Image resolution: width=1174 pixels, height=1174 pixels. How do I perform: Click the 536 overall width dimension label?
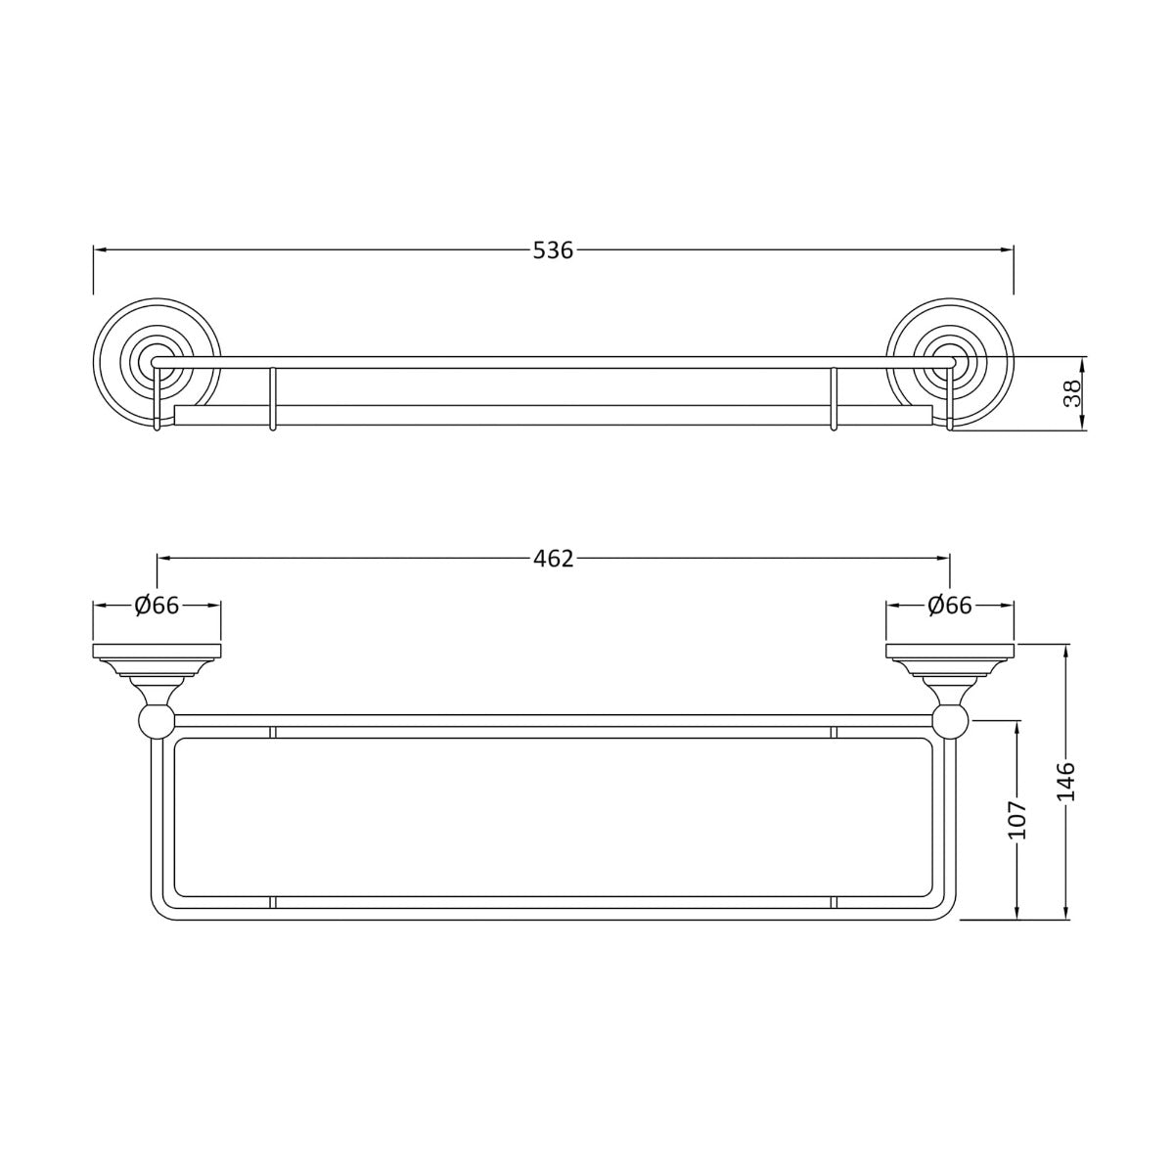553,250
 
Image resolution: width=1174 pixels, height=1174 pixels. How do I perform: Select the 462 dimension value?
553,559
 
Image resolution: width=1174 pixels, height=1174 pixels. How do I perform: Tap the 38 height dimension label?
1072,393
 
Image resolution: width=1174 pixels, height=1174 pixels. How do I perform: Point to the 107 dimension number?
1018,820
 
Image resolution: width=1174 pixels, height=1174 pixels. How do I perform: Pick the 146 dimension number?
1066,782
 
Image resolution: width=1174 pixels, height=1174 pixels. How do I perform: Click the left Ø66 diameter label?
157,606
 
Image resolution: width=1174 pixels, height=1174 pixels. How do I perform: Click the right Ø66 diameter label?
949,606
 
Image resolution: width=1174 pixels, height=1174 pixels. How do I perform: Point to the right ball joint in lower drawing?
950,723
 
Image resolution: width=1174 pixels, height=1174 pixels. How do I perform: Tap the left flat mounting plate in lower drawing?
157,652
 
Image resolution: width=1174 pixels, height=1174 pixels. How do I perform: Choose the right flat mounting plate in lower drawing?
950,652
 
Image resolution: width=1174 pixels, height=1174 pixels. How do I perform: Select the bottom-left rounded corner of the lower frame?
160,910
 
